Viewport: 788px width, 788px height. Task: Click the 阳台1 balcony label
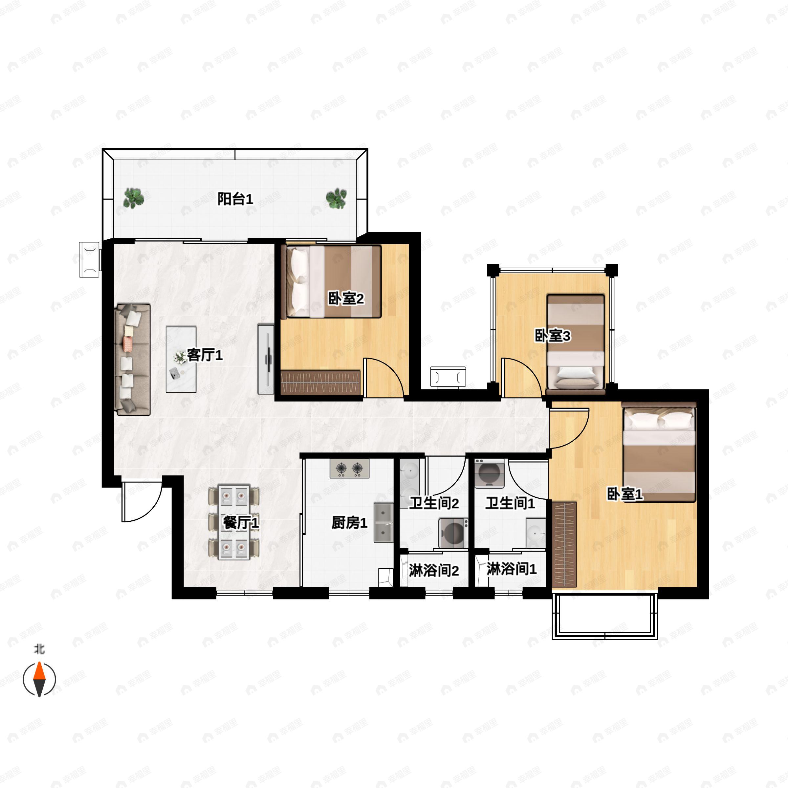pyautogui.click(x=235, y=199)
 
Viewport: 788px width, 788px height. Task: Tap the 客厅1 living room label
pyautogui.click(x=205, y=355)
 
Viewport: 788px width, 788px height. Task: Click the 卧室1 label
pyautogui.click(x=625, y=494)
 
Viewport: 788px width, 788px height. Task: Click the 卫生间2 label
pyautogui.click(x=434, y=503)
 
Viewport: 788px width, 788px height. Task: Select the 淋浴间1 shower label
pyautogui.click(x=512, y=569)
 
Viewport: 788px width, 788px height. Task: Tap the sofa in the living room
pyautogui.click(x=133, y=359)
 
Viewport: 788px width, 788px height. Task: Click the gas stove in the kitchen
pyautogui.click(x=350, y=469)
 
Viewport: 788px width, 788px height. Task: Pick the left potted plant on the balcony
pyautogui.click(x=134, y=198)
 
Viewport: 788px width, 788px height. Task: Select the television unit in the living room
pyautogui.click(x=266, y=359)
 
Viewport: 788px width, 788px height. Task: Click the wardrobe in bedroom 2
pyautogui.click(x=320, y=383)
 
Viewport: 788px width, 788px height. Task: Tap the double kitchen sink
pyautogui.click(x=383, y=522)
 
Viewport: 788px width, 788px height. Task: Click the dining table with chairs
pyautogui.click(x=234, y=522)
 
